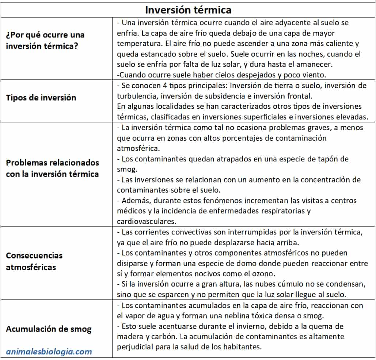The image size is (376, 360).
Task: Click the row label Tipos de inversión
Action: click(x=41, y=98)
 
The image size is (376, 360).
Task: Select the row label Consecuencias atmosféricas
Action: click(x=34, y=261)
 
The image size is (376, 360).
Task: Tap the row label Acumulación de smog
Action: click(x=48, y=329)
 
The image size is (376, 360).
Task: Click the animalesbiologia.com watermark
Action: click(x=49, y=352)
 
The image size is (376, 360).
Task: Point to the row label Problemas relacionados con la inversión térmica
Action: click(x=52, y=168)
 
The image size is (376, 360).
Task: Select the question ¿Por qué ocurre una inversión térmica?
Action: click(x=45, y=41)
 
